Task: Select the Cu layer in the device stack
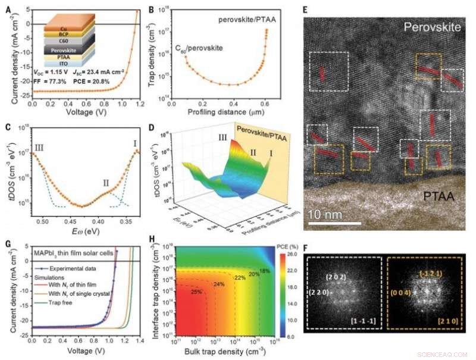(x=64, y=28)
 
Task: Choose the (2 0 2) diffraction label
(x=335, y=277)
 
